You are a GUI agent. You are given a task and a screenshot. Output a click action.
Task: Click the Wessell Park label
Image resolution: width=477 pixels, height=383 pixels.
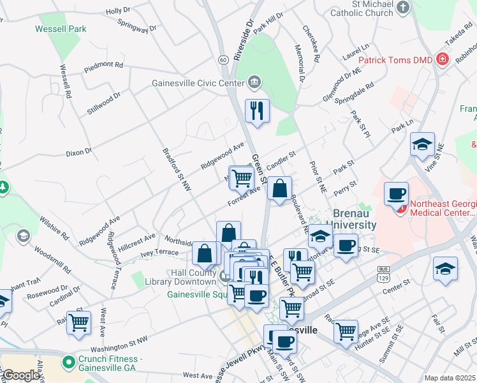(x=61, y=29)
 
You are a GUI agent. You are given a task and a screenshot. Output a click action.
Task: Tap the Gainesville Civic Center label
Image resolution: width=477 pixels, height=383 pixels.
(x=198, y=82)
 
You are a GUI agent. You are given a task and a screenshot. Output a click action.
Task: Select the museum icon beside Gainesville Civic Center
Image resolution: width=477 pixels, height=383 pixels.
(x=254, y=82)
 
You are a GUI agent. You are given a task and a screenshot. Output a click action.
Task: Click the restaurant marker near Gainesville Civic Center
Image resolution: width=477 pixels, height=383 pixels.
(x=258, y=110)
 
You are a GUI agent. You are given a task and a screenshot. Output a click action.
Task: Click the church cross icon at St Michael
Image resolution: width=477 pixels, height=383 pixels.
(x=402, y=8)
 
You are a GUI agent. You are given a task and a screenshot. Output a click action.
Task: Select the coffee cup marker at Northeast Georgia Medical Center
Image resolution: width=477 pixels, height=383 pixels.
(x=396, y=193)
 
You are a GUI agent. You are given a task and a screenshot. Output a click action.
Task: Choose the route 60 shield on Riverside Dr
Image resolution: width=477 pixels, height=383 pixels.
(x=223, y=59)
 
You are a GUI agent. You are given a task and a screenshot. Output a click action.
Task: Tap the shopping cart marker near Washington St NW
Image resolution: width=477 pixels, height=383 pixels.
(x=78, y=322)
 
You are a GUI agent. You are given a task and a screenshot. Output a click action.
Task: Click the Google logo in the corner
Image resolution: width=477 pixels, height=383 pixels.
(x=20, y=375)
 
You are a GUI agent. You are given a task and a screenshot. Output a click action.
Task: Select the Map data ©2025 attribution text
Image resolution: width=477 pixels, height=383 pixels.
(x=450, y=378)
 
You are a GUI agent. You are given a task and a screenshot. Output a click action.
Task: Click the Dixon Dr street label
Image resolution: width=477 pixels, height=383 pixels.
(x=79, y=153)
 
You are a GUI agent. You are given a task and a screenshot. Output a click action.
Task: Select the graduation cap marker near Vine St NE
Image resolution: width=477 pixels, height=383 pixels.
(x=422, y=144)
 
